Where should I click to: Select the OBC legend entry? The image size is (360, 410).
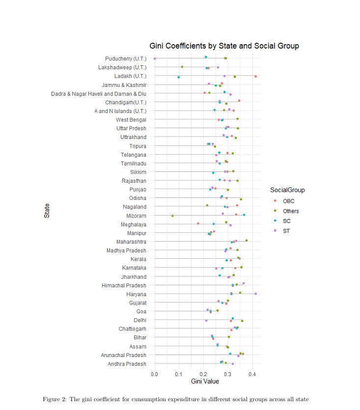pos(288,201)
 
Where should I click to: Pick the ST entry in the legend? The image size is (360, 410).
pos(286,231)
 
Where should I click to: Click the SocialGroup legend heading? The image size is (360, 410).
pos(287,190)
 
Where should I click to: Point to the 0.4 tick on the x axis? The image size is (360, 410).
pos(252,375)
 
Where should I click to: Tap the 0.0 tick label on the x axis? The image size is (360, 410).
pos(155,375)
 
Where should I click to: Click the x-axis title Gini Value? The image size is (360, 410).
pos(205,382)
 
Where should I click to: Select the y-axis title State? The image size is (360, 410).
pos(47,211)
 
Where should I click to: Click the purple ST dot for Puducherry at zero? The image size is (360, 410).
pos(155,58)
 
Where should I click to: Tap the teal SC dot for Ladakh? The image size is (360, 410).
pos(179,77)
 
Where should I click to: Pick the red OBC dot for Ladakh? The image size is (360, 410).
pos(256,76)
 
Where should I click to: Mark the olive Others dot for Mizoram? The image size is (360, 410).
pos(172,216)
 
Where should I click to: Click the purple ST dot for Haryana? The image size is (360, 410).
pos(256,294)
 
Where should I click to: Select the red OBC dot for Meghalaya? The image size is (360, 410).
pos(198,223)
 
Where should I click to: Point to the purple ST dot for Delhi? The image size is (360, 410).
pos(206,321)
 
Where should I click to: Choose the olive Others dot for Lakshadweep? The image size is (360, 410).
pos(182,67)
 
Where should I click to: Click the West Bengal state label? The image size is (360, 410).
pos(131,120)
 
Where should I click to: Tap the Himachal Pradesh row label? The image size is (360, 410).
pos(124,285)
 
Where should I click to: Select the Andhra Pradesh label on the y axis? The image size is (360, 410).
pos(127,364)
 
